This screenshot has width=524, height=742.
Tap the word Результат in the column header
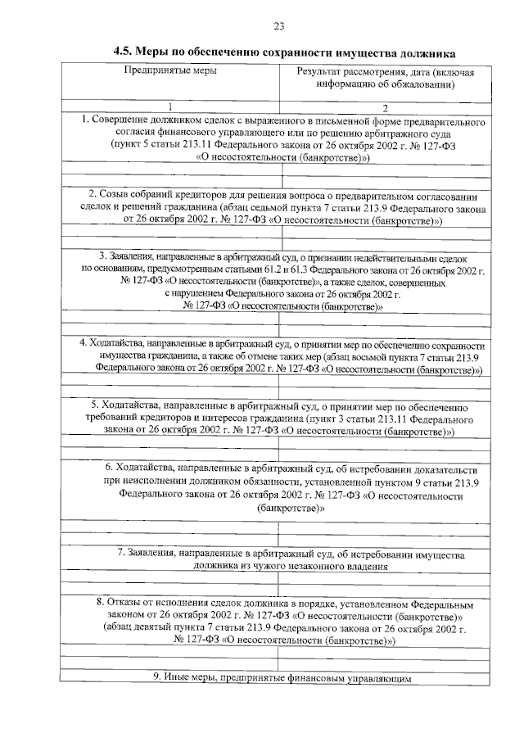point(320,72)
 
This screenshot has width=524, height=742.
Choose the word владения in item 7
point(365,565)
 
